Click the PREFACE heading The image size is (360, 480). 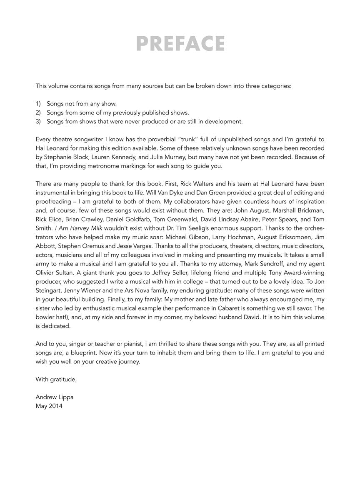click(x=180, y=44)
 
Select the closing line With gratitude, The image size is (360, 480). click(x=56, y=380)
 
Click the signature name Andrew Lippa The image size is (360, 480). click(x=55, y=397)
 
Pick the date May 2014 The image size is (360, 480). click(x=49, y=406)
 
